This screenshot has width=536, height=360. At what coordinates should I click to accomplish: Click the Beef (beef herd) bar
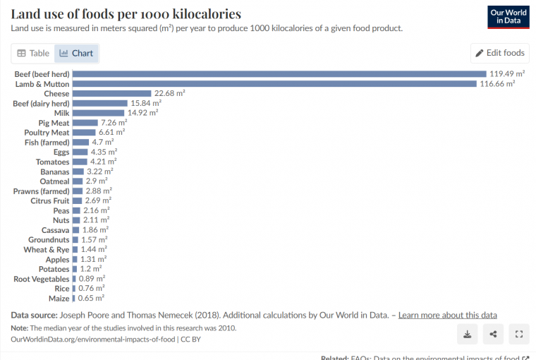click(279, 74)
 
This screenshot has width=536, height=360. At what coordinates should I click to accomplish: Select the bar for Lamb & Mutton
click(274, 84)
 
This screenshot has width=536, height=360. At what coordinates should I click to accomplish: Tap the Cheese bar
click(112, 93)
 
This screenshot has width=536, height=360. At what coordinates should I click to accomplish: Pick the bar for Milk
click(99, 113)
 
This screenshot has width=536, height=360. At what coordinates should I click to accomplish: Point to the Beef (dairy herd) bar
click(100, 103)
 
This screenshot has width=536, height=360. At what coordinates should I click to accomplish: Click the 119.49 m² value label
click(507, 74)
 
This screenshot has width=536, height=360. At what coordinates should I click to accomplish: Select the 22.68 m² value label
click(170, 93)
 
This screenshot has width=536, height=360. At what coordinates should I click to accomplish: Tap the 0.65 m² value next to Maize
click(90, 299)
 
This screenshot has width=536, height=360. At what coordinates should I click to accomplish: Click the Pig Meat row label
click(51, 123)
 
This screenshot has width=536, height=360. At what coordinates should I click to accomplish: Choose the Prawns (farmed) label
click(42, 191)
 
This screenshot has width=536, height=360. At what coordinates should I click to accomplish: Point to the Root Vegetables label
click(42, 279)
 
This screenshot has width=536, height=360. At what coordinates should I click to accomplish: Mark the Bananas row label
click(54, 172)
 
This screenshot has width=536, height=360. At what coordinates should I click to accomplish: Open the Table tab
click(33, 53)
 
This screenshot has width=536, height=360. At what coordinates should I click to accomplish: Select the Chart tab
click(76, 53)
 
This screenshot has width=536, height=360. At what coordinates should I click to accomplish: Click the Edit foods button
click(499, 53)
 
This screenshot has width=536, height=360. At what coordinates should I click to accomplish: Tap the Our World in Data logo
click(508, 17)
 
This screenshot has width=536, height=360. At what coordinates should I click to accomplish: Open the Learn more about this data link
click(448, 315)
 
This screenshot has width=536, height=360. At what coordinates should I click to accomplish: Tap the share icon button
click(493, 334)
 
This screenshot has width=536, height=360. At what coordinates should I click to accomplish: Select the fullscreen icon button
click(518, 334)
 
